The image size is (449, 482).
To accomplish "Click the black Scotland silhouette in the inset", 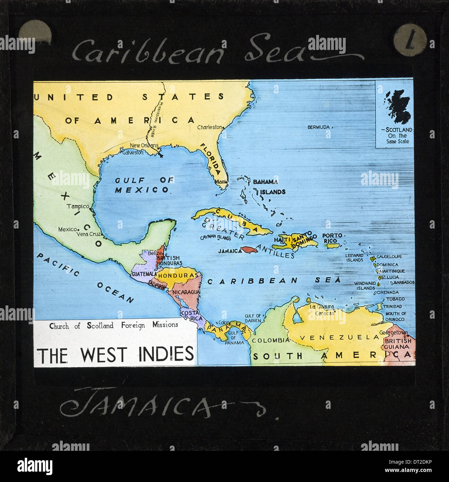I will click(399, 106).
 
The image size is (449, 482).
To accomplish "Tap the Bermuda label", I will click(319, 127).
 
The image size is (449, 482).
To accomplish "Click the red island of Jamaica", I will click(249, 249).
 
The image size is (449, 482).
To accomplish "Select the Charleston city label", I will click(209, 127).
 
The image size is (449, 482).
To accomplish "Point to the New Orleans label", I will click(144, 145).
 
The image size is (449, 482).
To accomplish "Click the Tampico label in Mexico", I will click(78, 206).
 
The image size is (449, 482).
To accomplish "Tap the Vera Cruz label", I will click(88, 234).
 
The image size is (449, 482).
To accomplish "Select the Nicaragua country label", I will click(186, 292).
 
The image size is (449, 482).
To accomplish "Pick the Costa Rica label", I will click(190, 316).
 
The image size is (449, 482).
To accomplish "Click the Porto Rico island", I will click(333, 246).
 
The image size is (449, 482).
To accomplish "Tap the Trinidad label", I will click(392, 307).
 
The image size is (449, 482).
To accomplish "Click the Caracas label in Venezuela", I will click(325, 313).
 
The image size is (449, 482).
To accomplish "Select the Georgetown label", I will click(393, 333).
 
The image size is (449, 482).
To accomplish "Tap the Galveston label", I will click(133, 153).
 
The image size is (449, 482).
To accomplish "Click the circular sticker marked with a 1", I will click(410, 40).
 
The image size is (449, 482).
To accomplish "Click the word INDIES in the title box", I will click(166, 354).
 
